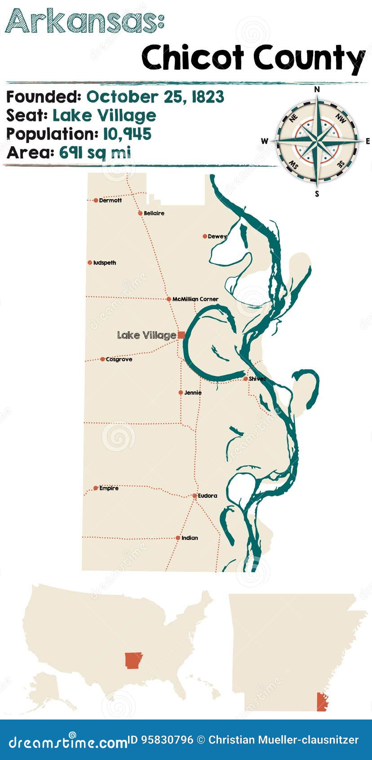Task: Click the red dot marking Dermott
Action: [96, 200]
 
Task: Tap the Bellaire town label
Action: [154, 213]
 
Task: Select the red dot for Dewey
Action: [205, 236]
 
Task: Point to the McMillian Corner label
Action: [195, 299]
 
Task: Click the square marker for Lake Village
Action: [181, 335]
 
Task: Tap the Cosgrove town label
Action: [119, 359]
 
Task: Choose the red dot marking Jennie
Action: [181, 393]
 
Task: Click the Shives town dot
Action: [245, 379]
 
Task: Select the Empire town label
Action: [109, 488]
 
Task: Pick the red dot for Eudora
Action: [195, 496]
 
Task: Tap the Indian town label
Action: [190, 538]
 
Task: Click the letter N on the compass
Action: [317, 89]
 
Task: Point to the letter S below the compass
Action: [317, 194]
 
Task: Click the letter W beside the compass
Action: [265, 141]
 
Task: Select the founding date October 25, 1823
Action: [155, 97]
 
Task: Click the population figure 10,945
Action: [127, 134]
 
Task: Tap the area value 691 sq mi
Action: [95, 153]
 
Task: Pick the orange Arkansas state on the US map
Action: [133, 660]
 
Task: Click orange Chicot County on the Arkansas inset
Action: [321, 702]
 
